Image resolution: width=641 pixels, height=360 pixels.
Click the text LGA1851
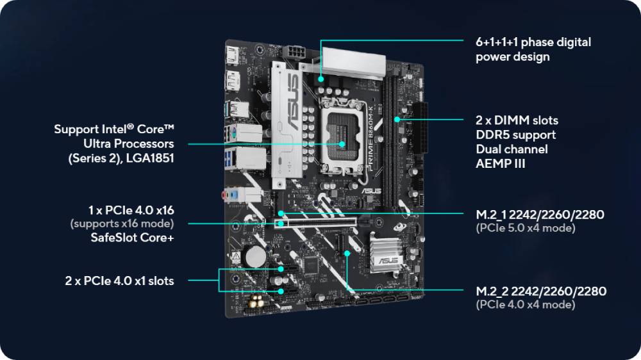click(x=150, y=158)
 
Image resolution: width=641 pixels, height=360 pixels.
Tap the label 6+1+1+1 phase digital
click(x=533, y=42)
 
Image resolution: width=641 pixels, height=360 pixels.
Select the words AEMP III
click(x=501, y=163)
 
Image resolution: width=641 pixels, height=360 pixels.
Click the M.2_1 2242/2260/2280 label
click(x=540, y=215)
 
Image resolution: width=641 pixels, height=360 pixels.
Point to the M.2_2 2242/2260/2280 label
click(x=541, y=291)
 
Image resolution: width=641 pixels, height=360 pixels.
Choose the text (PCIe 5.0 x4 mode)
click(x=526, y=228)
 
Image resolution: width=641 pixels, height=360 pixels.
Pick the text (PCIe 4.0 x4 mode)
click(x=526, y=304)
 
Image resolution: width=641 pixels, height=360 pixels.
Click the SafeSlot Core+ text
click(x=133, y=238)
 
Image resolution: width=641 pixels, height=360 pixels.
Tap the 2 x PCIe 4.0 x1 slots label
click(x=119, y=281)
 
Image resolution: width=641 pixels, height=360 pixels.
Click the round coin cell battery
click(x=256, y=256)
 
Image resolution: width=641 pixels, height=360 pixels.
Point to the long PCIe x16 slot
click(x=315, y=223)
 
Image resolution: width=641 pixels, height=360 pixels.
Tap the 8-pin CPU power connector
click(x=295, y=53)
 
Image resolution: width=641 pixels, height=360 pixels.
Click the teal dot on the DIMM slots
click(x=397, y=120)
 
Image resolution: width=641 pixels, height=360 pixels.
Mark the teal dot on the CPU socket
click(x=342, y=144)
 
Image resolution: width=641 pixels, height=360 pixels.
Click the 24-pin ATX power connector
click(x=420, y=127)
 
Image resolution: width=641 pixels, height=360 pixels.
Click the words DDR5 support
click(x=515, y=135)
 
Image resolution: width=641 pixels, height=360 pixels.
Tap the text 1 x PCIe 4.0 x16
click(x=131, y=211)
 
